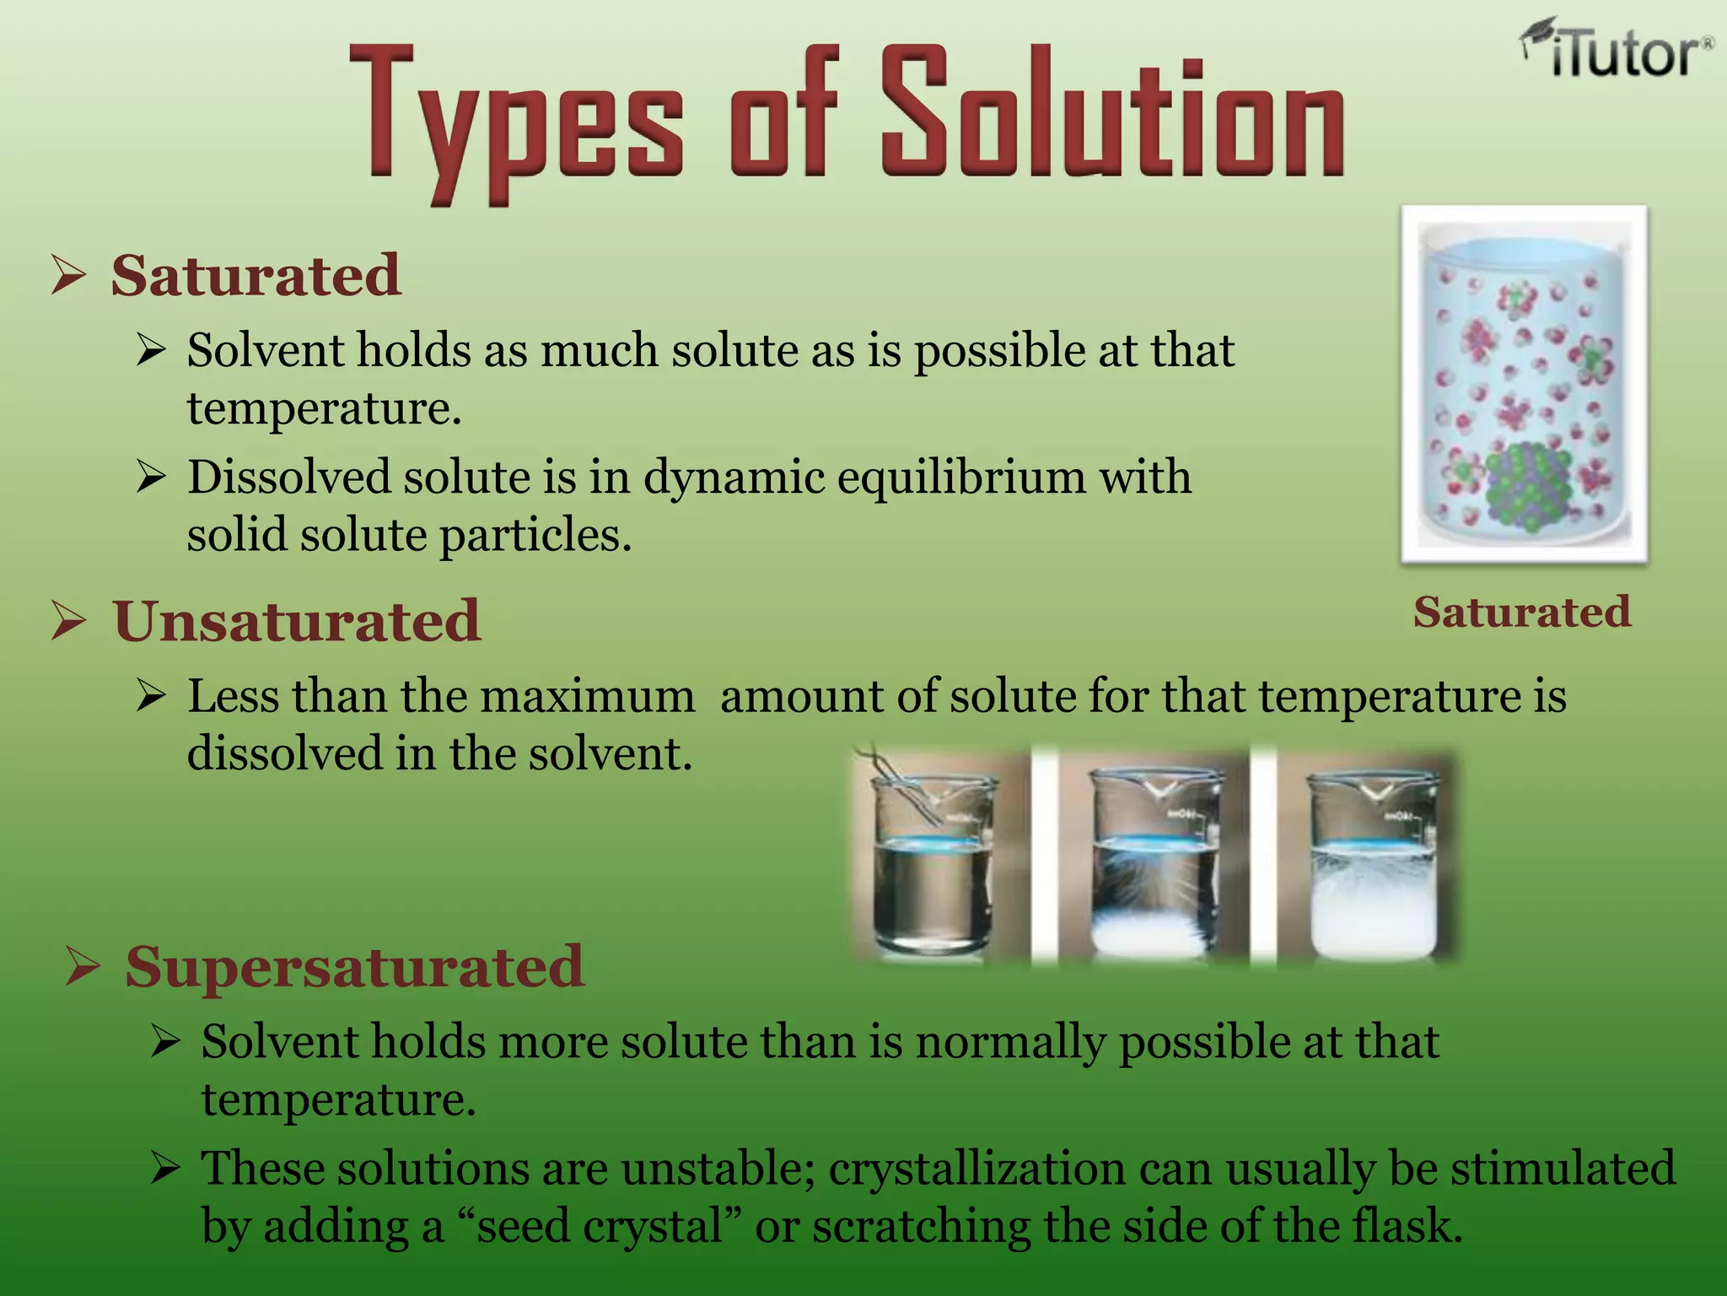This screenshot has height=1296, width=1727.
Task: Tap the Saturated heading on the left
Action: (256, 276)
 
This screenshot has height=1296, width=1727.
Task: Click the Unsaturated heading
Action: (296, 622)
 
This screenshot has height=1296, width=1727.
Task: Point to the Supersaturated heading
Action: (354, 967)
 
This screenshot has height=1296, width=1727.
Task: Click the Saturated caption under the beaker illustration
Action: (1522, 613)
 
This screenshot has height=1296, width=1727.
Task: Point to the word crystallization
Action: (976, 1169)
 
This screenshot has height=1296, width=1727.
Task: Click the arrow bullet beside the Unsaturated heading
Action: (68, 621)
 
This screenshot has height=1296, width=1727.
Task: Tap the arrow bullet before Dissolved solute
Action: (151, 478)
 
